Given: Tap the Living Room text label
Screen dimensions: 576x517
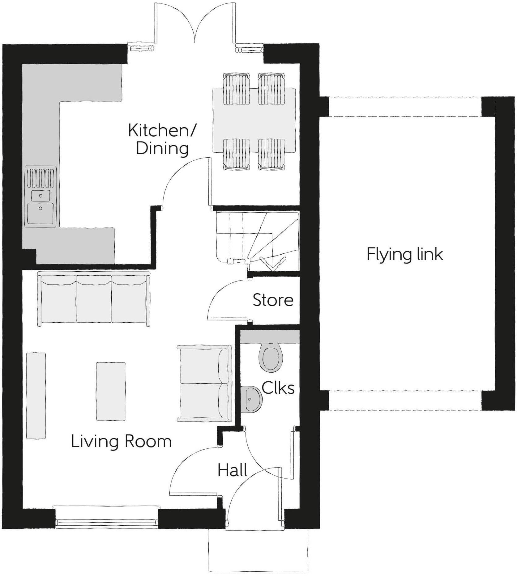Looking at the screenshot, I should click(x=121, y=441).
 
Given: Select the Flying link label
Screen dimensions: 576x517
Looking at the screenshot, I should click(x=404, y=254).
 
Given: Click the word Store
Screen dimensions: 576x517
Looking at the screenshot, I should click(x=273, y=300).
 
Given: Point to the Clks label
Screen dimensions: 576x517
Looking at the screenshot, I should click(x=278, y=388).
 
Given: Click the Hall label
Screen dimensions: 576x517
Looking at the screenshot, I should click(x=232, y=470).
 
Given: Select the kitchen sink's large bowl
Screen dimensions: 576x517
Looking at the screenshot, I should click(x=41, y=213).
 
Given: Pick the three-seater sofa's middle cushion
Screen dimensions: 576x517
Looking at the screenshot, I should click(x=93, y=299).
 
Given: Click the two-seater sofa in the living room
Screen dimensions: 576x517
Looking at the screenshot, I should click(x=204, y=383).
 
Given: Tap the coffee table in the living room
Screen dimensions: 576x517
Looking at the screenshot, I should click(x=110, y=391).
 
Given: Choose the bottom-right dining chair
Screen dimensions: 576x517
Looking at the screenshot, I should click(x=271, y=154).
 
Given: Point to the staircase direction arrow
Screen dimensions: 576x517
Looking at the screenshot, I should click(x=272, y=264).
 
